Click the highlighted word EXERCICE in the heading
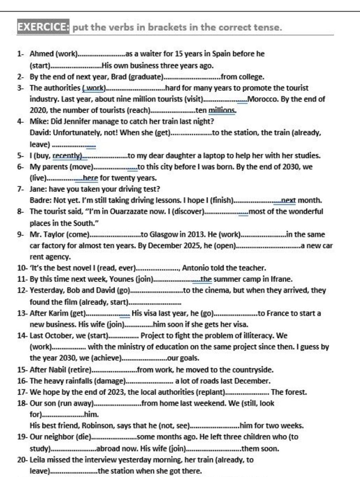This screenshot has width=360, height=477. (44, 27)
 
